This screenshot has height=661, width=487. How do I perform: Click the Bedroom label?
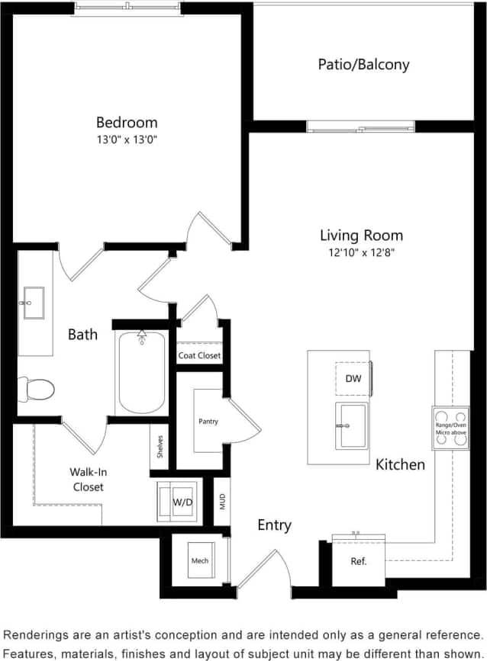pos(127,122)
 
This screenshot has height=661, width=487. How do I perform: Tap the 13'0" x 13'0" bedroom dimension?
pos(127,140)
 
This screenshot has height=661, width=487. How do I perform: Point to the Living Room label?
pos(361,235)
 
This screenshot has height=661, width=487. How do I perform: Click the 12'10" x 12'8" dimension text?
pos(361,252)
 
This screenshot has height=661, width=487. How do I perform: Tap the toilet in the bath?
pos(37,390)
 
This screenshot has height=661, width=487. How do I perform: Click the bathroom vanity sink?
pos(34,303)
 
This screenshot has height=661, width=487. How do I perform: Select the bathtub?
pos(141,371)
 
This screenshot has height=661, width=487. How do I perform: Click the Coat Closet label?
pos(199,355)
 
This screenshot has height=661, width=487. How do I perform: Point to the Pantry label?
pos(208,421)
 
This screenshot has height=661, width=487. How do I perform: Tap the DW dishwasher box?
pos(353,378)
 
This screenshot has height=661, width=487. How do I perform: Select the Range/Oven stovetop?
pos(450,428)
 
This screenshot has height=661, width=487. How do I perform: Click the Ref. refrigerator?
pos(359,561)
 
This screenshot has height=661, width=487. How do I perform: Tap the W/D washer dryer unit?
pos(181,502)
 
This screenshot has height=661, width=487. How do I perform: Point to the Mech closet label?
pos(199,561)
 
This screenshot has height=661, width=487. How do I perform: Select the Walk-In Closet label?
pos(88,479)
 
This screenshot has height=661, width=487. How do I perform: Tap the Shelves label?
pos(160,446)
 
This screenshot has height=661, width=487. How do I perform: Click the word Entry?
pos(274,525)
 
